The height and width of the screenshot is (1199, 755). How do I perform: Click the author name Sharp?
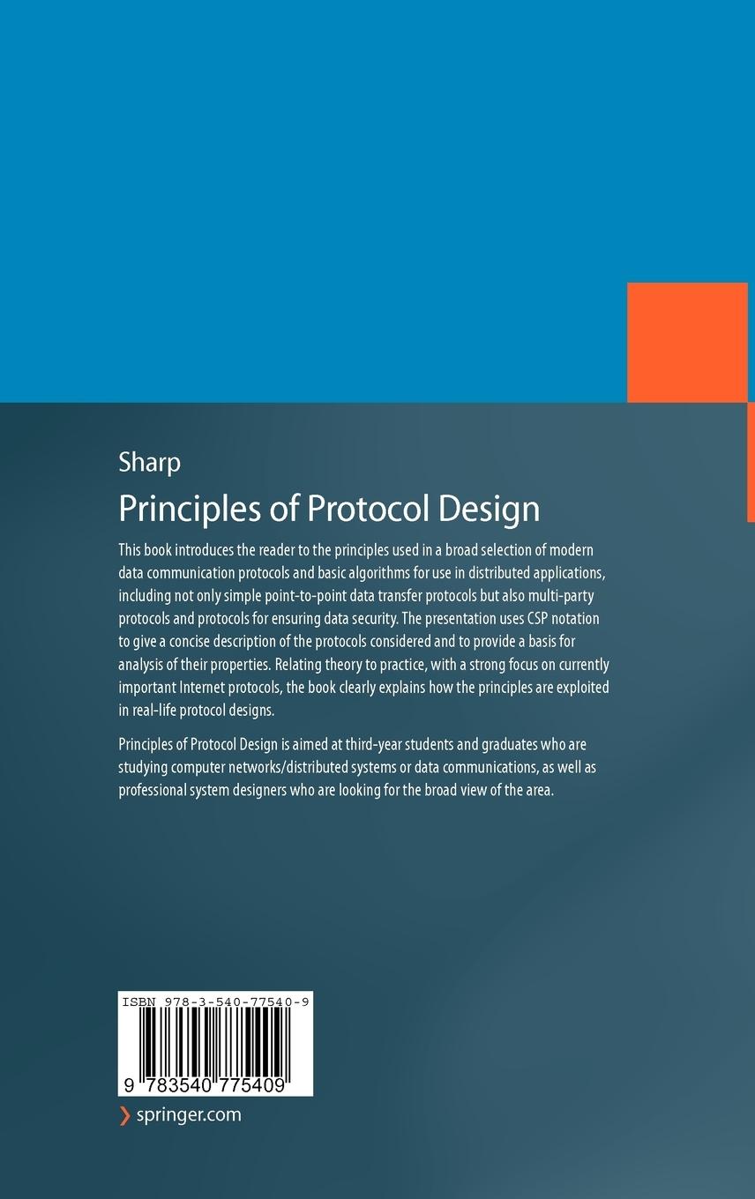coord(149,463)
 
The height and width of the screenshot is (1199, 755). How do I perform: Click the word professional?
coord(152,790)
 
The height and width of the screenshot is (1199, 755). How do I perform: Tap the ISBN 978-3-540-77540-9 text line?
coord(215,1002)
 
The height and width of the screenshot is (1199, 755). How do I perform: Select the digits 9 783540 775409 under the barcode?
coord(206,1086)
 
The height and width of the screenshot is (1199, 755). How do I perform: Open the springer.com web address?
coord(189,1115)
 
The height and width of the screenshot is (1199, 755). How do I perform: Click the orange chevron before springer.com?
coord(124,1115)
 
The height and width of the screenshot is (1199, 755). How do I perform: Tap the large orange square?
coord(687,343)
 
